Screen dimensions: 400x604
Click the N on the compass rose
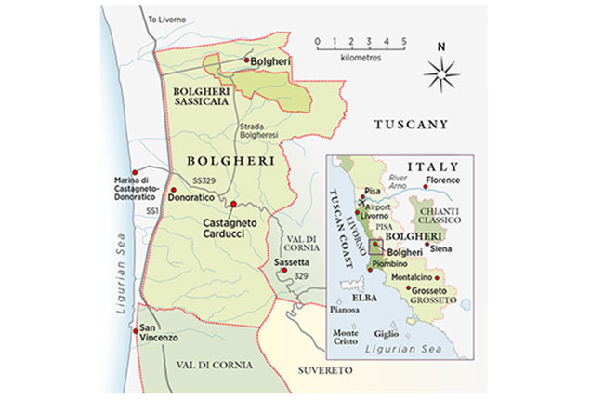[x=441, y=47]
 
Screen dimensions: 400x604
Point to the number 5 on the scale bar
[x=404, y=42]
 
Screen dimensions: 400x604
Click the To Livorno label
[x=165, y=19]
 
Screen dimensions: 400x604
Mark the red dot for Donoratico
[x=173, y=189]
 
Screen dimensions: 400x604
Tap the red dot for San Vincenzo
[x=138, y=327]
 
